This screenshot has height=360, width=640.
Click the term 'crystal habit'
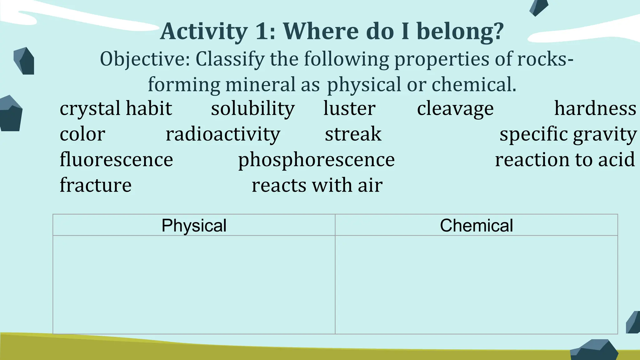pyautogui.click(x=116, y=109)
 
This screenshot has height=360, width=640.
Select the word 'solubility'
pyautogui.click(x=253, y=109)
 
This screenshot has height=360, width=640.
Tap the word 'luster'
pyautogui.click(x=349, y=109)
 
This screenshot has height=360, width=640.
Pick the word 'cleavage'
pyautogui.click(x=455, y=109)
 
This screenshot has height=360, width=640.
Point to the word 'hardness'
pyautogui.click(x=595, y=109)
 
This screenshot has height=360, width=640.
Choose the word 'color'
pyautogui.click(x=82, y=134)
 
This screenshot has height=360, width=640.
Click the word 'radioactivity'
pyautogui.click(x=223, y=134)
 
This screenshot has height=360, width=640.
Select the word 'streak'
pyautogui.click(x=353, y=134)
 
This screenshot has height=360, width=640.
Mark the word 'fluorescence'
pyautogui.click(x=116, y=160)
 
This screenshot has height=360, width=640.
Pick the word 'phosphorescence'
pyautogui.click(x=316, y=160)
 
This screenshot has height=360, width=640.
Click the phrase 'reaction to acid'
pyautogui.click(x=565, y=160)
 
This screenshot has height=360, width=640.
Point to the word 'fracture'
pyautogui.click(x=96, y=185)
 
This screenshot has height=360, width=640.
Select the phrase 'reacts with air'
pyautogui.click(x=317, y=185)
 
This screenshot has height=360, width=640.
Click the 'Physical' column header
pyautogui.click(x=194, y=225)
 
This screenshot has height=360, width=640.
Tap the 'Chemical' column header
pyautogui.click(x=476, y=225)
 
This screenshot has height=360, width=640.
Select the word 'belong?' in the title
pyautogui.click(x=460, y=32)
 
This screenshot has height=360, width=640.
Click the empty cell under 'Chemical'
pyautogui.click(x=476, y=284)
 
